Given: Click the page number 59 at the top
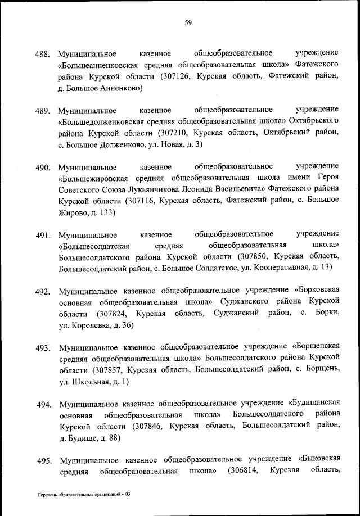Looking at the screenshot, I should click(x=188, y=23).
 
